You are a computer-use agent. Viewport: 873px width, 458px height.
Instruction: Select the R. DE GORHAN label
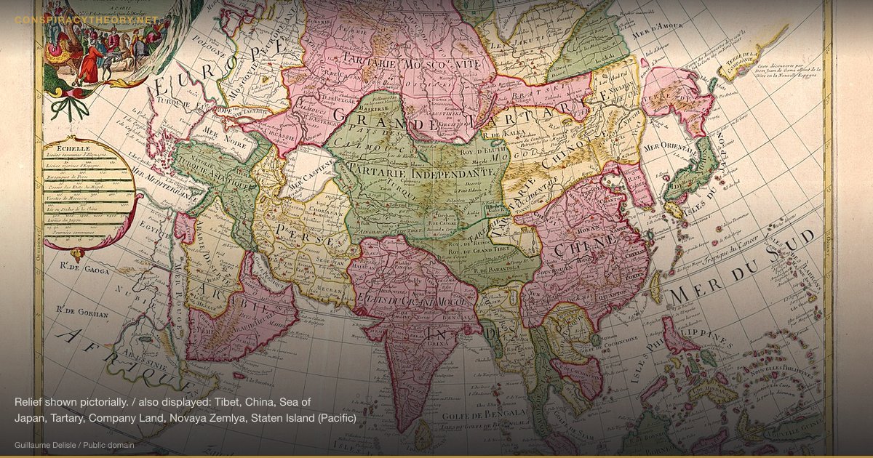(x=82, y=315)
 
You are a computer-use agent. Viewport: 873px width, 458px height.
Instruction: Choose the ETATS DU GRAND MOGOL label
(x=412, y=300)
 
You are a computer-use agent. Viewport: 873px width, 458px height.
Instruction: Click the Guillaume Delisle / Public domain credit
(x=73, y=444)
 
